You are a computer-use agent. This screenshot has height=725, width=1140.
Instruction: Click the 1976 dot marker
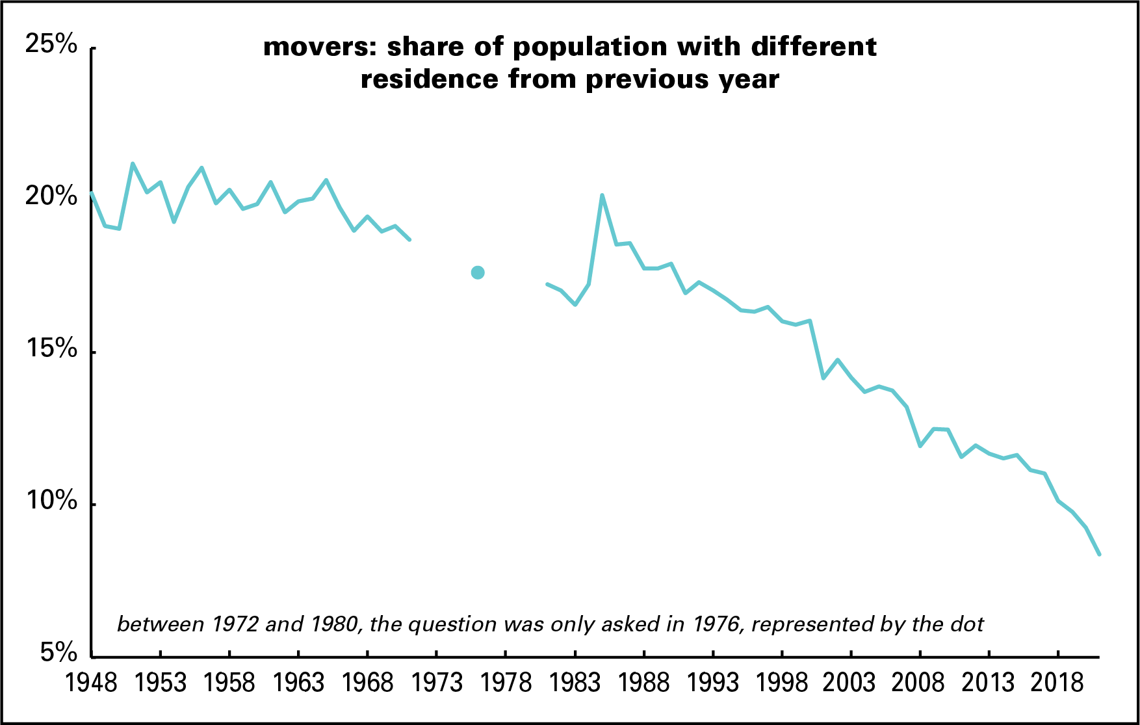pyautogui.click(x=478, y=272)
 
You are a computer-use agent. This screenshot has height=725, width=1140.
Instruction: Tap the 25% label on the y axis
pyautogui.click(x=51, y=44)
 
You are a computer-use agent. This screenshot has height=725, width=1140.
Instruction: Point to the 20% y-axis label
pyautogui.click(x=51, y=196)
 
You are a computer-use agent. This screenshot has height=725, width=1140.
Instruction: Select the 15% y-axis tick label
pyautogui.click(x=51, y=349)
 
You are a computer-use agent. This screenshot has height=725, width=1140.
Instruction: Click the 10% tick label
pyautogui.click(x=51, y=501)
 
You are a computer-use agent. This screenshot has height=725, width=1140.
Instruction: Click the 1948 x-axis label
pyautogui.click(x=92, y=682)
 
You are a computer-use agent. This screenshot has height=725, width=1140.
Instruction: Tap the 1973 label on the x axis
pyautogui.click(x=437, y=682)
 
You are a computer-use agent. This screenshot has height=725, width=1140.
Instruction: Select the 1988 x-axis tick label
pyautogui.click(x=643, y=682)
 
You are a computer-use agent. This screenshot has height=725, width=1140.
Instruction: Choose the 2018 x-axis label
pyautogui.click(x=1057, y=682)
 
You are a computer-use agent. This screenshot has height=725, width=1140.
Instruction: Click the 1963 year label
pyautogui.click(x=298, y=682)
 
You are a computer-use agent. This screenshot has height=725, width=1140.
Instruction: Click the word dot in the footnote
pyautogui.click(x=969, y=624)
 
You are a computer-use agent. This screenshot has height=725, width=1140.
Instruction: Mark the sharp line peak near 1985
pyautogui.click(x=602, y=195)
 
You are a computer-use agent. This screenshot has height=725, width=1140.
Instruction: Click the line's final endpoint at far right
pyautogui.click(x=1099, y=554)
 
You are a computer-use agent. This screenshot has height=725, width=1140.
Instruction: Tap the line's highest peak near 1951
pyautogui.click(x=133, y=164)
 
